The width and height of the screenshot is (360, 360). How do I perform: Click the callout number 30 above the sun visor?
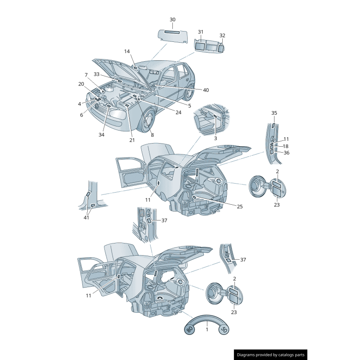(x=172, y=20)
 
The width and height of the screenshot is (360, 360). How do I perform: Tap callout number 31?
(x=201, y=32)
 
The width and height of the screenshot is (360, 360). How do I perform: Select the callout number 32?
(x=222, y=36)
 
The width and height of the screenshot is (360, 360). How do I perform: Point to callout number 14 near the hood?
(x=127, y=51)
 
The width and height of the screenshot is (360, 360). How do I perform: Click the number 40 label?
(x=206, y=90)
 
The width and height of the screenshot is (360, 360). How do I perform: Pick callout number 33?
(x=97, y=74)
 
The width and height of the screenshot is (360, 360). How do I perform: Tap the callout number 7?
(x=86, y=75)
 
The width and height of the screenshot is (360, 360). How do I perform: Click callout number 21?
(x=132, y=140)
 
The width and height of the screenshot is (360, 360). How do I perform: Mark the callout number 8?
(x=152, y=135)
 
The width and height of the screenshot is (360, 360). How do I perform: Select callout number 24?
(x=178, y=112)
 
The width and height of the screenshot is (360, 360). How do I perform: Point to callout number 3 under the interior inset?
(x=215, y=138)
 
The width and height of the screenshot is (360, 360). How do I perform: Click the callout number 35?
(x=274, y=113)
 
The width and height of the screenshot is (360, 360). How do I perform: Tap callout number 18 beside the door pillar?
(x=286, y=146)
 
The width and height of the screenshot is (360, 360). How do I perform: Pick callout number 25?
(x=240, y=207)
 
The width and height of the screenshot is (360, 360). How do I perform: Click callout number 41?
(x=86, y=218)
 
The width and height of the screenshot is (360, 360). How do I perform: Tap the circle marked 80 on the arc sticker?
(x=189, y=330)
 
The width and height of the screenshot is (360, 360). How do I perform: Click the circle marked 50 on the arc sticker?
(x=224, y=330)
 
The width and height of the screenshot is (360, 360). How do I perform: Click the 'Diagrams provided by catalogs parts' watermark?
(x=270, y=355)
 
